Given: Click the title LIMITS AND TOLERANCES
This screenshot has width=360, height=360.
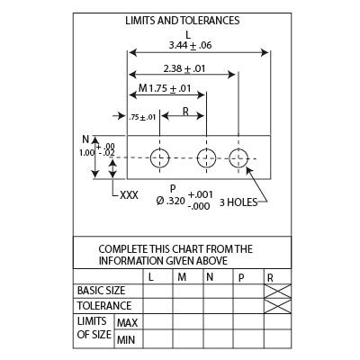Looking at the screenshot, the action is tap(183, 21).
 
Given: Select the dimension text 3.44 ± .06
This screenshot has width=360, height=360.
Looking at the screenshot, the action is tap(190, 45).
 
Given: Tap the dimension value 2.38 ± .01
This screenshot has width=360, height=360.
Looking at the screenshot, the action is tap(184, 68).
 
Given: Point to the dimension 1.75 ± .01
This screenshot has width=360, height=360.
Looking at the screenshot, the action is tap(170, 88).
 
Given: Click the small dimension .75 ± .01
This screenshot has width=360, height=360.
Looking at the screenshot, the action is tap(142, 117).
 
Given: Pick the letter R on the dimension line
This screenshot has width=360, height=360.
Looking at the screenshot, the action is tap(185, 112).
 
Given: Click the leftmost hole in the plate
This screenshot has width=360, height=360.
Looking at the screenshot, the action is tap(159, 157).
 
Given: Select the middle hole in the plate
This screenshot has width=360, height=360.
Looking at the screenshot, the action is tap(206, 157).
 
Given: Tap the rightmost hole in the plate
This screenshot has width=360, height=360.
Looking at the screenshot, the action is tap(238, 157).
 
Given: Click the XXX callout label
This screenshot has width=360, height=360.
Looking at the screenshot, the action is tap(129, 195).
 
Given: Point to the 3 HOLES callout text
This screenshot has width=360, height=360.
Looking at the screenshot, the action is tap(238, 202).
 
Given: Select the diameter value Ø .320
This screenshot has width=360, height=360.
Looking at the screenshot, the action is tap(170, 201).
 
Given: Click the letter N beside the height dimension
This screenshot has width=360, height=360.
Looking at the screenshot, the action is tap(85, 139).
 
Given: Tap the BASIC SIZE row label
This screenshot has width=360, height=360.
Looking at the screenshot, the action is tap(101, 291).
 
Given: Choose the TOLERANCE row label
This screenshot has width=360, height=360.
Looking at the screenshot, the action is tap(104, 306).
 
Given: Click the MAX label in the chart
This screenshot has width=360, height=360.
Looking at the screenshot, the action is tap(128, 323).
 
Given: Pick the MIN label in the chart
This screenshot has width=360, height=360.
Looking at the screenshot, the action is tap(126, 340).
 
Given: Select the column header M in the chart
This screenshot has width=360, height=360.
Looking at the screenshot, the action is tap(182, 277).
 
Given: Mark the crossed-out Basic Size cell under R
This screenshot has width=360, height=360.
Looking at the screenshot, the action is tap(278, 291).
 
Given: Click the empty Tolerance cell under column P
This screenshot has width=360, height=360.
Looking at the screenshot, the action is tap(248, 306).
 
